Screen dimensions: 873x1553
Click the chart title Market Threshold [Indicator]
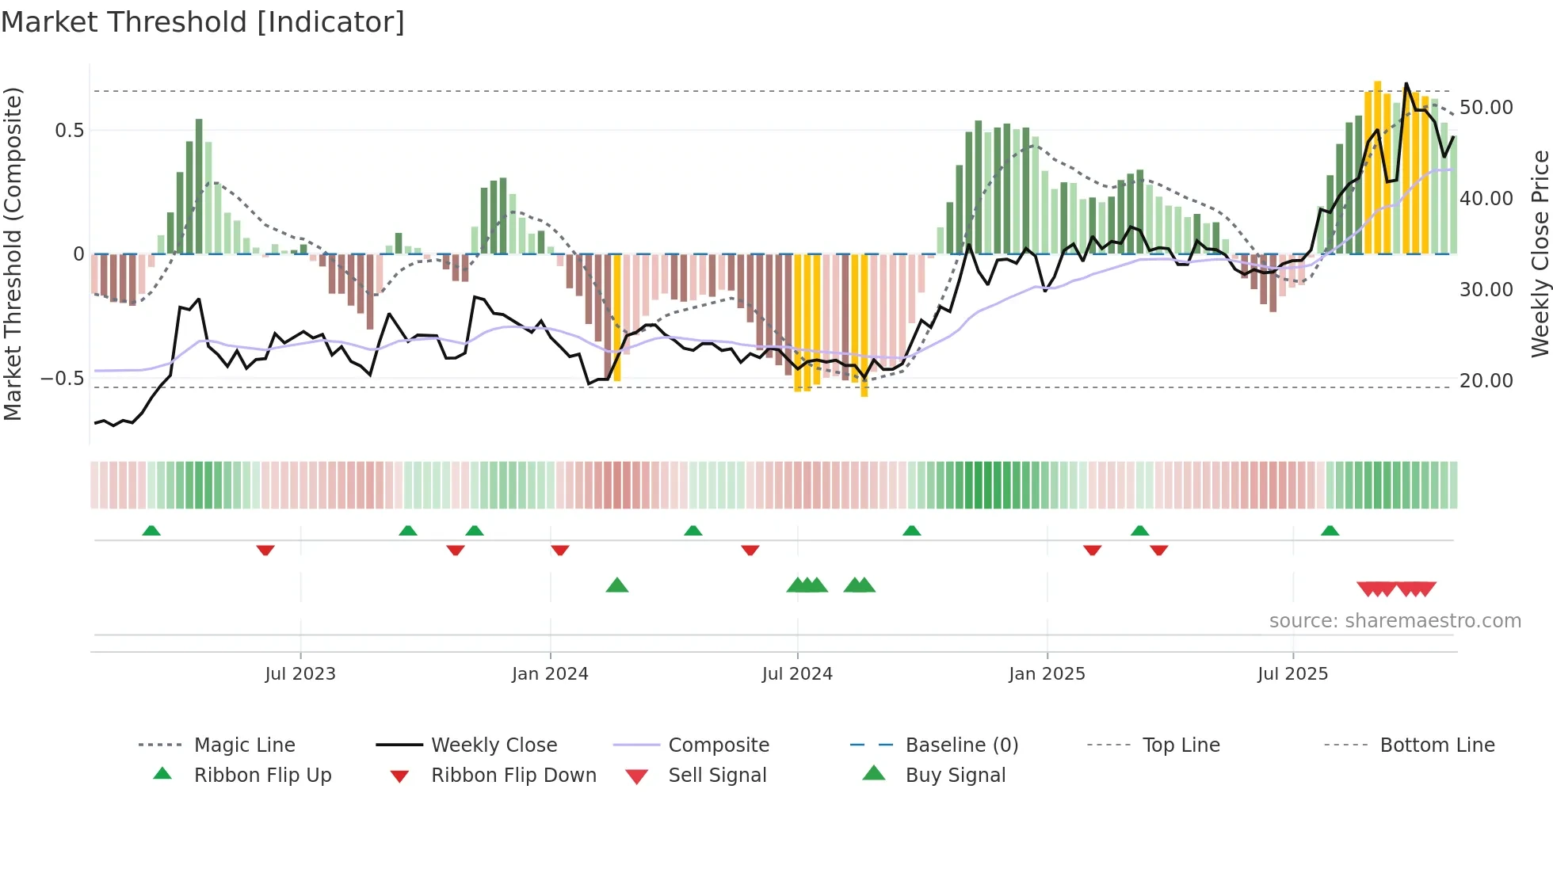(x=203, y=22)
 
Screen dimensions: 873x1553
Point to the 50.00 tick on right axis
(x=1486, y=108)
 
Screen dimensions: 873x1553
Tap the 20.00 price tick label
(x=1486, y=381)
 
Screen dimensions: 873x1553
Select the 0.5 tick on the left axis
(x=69, y=131)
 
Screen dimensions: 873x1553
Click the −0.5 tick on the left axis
(x=63, y=379)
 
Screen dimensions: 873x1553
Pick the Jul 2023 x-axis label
(x=300, y=674)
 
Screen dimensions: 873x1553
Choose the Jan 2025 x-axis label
(x=1047, y=674)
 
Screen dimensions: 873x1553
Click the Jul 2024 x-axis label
(x=797, y=674)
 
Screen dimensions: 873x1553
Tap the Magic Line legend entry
(x=244, y=745)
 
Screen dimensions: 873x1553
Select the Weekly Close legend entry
(x=494, y=745)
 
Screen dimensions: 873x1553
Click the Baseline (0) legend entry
(x=961, y=745)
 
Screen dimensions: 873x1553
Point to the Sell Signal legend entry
(x=717, y=776)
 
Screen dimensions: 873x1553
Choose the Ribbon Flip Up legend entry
(x=262, y=776)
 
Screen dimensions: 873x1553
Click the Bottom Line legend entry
(x=1437, y=745)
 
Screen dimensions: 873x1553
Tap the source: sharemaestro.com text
(x=1395, y=621)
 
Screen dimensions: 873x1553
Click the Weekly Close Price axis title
(x=1540, y=254)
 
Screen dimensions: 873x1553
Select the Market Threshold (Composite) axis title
(x=13, y=254)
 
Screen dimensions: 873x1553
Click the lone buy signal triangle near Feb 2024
(x=616, y=586)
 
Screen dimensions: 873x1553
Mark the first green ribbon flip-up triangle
(x=151, y=531)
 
